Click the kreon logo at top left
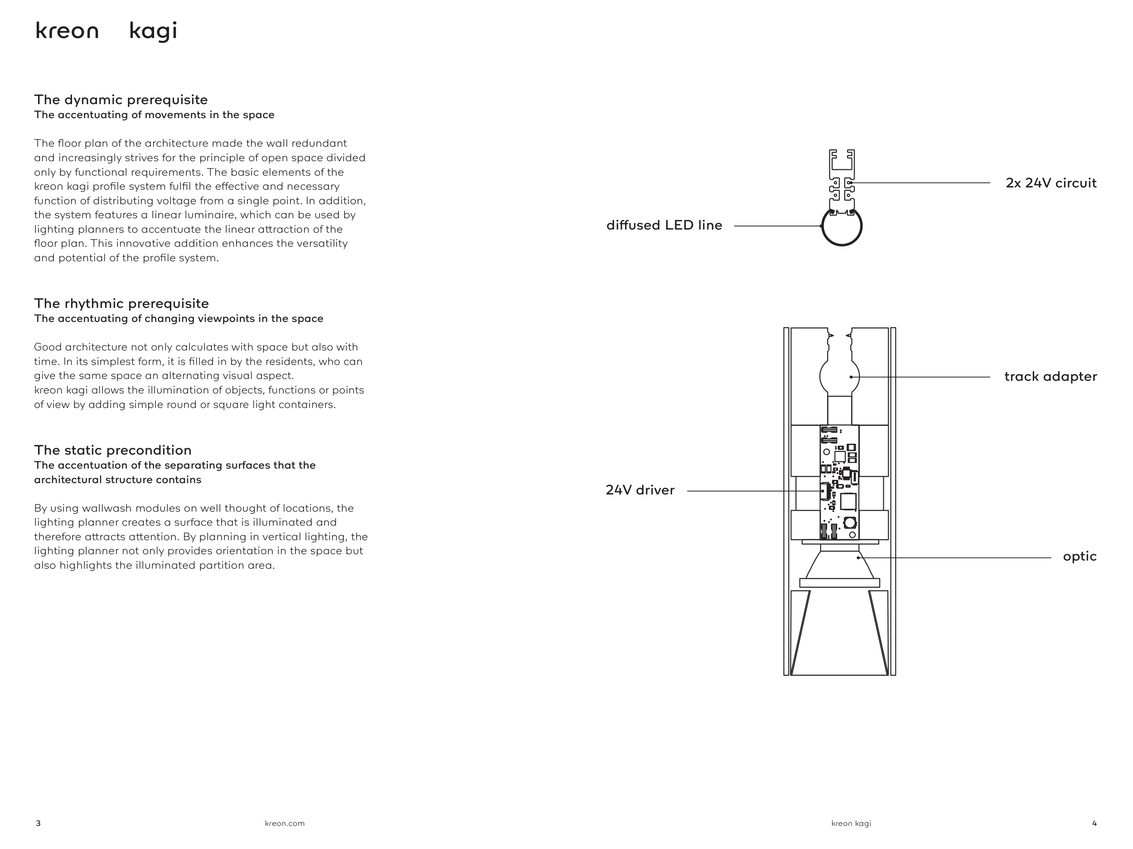coord(67,31)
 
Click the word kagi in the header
coord(153,32)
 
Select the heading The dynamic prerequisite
coord(121,100)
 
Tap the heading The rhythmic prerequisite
coord(121,303)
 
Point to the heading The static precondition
coord(113,451)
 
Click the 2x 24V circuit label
coord(1051,183)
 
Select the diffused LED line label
coord(664,225)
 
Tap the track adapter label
coord(1050,377)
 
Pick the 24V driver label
coord(640,490)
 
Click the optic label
coord(1079,557)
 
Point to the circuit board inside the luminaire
coord(839,482)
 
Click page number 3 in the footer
coord(38,823)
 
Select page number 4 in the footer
coord(1094,823)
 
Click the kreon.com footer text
coord(284,823)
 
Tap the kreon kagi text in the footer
coord(851,823)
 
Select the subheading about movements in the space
coord(154,115)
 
